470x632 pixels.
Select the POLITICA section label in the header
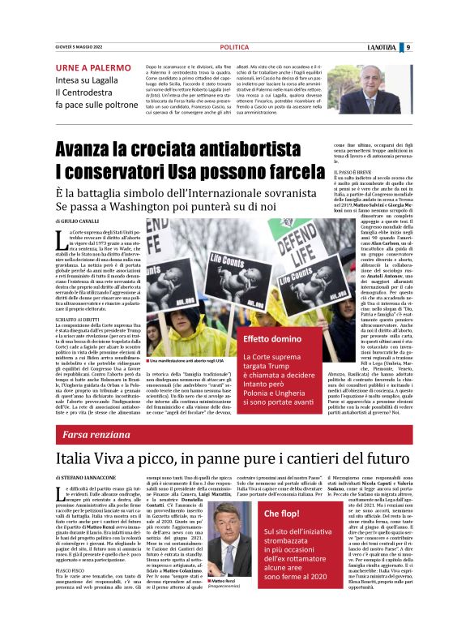point(234,47)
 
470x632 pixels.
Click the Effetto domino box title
point(250,337)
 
